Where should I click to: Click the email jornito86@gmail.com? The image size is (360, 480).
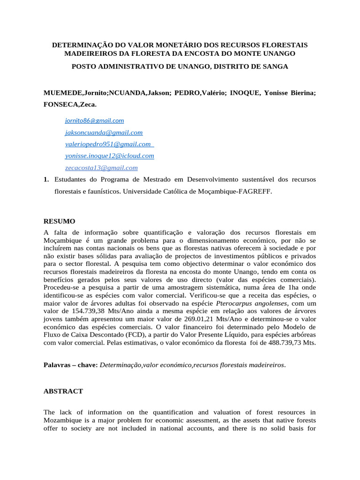pos(94,120)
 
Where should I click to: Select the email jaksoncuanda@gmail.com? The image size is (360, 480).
pos(104,133)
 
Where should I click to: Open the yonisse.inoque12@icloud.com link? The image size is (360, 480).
pos(109,156)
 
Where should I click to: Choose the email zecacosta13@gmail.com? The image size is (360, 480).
pos(101,167)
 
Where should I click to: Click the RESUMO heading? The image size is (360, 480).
pos(59,221)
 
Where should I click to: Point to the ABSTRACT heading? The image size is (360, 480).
pos(63,391)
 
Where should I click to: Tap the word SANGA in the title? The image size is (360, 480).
pos(274,67)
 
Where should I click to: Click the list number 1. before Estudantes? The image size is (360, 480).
pos(46,180)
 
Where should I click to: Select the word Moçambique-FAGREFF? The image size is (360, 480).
pos(245,191)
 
